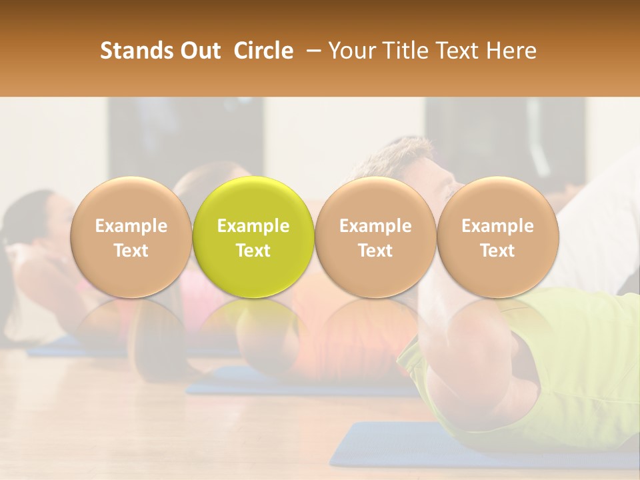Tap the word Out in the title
tap(199, 51)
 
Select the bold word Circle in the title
tap(263, 51)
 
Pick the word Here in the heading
tap(510, 51)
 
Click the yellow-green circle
tap(253, 237)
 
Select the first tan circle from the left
tap(131, 237)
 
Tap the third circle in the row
tap(375, 237)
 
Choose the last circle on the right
tap(497, 237)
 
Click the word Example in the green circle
tap(253, 226)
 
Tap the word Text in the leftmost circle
tap(131, 251)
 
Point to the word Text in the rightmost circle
tap(497, 251)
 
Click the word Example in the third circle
tap(375, 226)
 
